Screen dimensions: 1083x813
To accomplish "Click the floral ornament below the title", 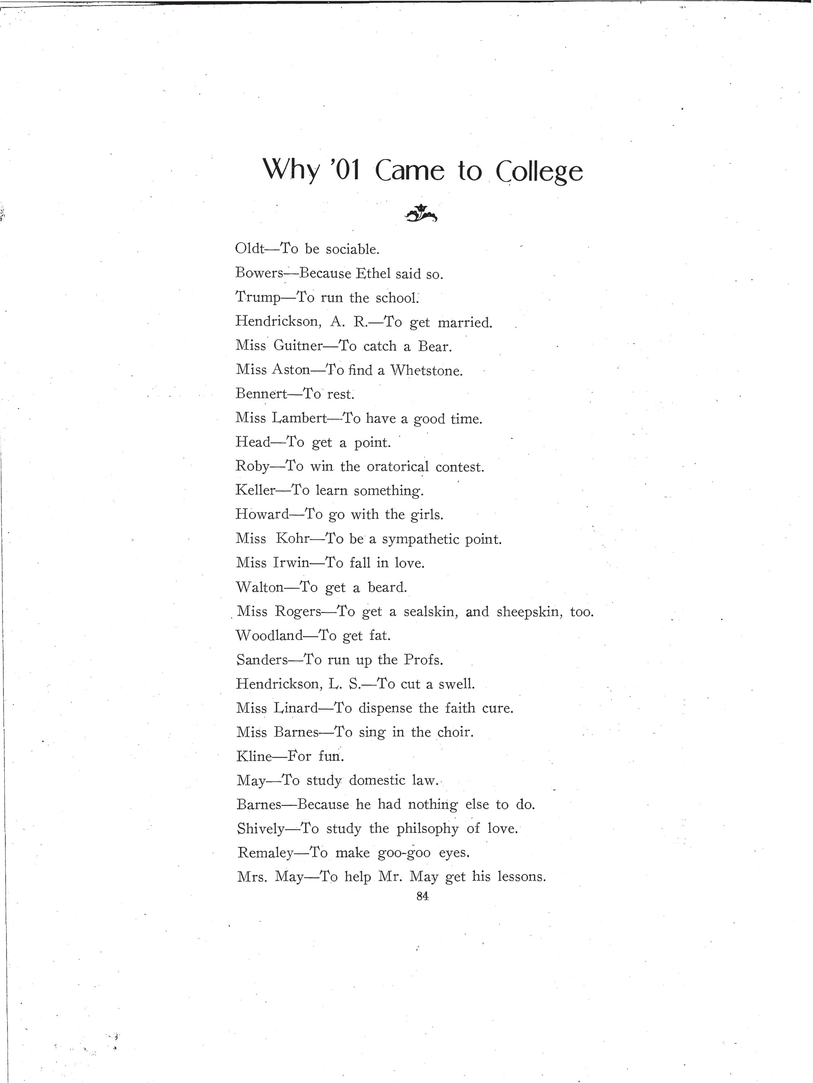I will click(421, 213).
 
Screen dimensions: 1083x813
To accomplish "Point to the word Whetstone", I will click(426, 370).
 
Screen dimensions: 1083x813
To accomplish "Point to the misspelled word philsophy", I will click(427, 828).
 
